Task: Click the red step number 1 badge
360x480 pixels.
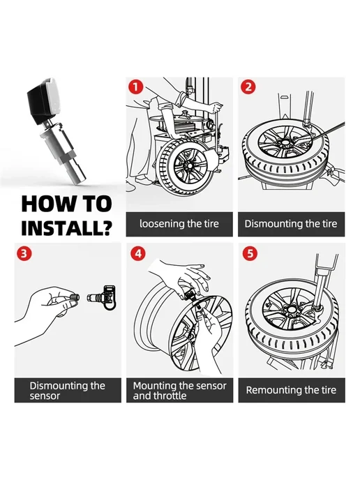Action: tap(135, 87)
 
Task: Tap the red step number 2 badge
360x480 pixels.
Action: tap(248, 87)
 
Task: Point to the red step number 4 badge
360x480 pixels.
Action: tap(138, 254)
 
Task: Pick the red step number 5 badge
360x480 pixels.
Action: tap(250, 254)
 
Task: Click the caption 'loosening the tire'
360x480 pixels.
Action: tap(179, 224)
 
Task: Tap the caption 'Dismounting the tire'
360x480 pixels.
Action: tap(291, 224)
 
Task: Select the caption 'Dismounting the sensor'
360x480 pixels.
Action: tap(68, 390)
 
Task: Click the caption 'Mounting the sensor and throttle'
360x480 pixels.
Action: tap(180, 390)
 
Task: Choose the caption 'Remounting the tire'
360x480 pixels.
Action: tap(291, 390)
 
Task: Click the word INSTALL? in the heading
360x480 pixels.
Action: tap(67, 227)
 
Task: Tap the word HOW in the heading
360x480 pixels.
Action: tap(45, 204)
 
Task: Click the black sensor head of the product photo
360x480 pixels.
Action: tap(44, 100)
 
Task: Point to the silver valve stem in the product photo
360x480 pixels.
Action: tap(67, 152)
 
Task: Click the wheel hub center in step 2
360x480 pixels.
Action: tap(285, 142)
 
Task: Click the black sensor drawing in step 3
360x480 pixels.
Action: tap(110, 297)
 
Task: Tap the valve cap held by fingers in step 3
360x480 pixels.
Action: tap(75, 297)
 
